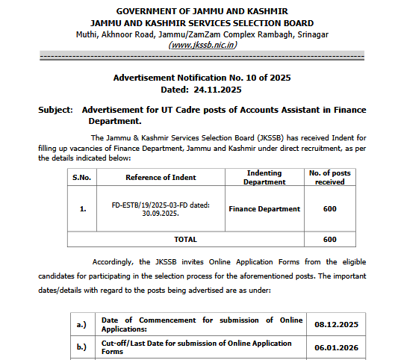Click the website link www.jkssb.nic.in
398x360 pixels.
pos(203,45)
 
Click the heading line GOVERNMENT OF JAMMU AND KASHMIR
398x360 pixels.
pos(202,10)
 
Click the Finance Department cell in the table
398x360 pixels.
pos(264,209)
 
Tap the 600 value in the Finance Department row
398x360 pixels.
pos(329,209)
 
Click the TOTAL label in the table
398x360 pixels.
pos(185,239)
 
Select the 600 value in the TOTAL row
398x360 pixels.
pos(329,239)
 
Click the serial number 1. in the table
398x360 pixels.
pos(83,209)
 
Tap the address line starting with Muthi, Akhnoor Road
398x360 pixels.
pos(202,34)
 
